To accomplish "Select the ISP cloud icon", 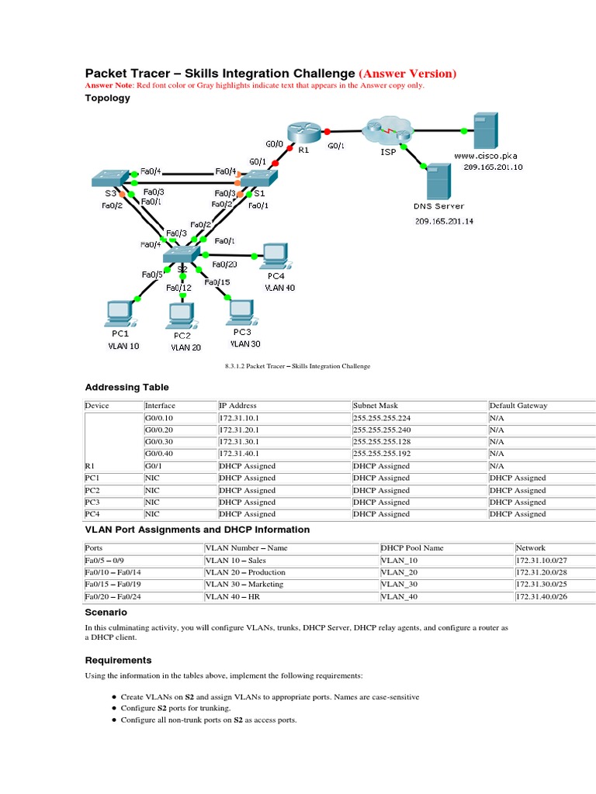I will click(x=386, y=129).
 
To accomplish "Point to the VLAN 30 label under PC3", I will click(x=246, y=343).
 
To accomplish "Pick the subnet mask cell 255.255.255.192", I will click(x=380, y=454).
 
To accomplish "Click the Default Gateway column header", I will click(x=518, y=406).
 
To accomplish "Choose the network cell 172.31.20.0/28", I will click(x=546, y=572).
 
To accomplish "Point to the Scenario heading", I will click(x=106, y=613).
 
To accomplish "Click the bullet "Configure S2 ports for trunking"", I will click(x=176, y=708).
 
